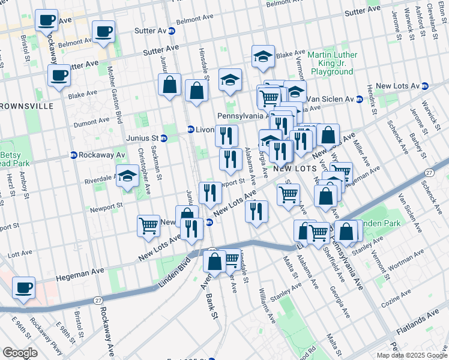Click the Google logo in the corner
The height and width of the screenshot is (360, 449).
pyautogui.click(x=20, y=353)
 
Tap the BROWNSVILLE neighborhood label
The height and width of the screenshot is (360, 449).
pyautogui.click(x=26, y=106)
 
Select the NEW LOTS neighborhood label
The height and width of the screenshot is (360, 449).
pyautogui.click(x=295, y=169)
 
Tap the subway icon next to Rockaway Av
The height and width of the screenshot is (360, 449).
pyautogui.click(x=73, y=155)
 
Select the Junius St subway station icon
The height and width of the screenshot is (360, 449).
pyautogui.click(x=164, y=138)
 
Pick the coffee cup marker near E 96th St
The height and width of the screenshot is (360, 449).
pyautogui.click(x=25, y=287)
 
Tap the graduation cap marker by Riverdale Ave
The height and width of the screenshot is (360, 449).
pyautogui.click(x=127, y=176)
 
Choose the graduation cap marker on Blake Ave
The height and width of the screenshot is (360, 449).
pyautogui.click(x=262, y=56)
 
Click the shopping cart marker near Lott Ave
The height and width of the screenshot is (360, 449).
pyautogui.click(x=148, y=226)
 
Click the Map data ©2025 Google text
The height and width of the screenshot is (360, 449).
pyautogui.click(x=411, y=355)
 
